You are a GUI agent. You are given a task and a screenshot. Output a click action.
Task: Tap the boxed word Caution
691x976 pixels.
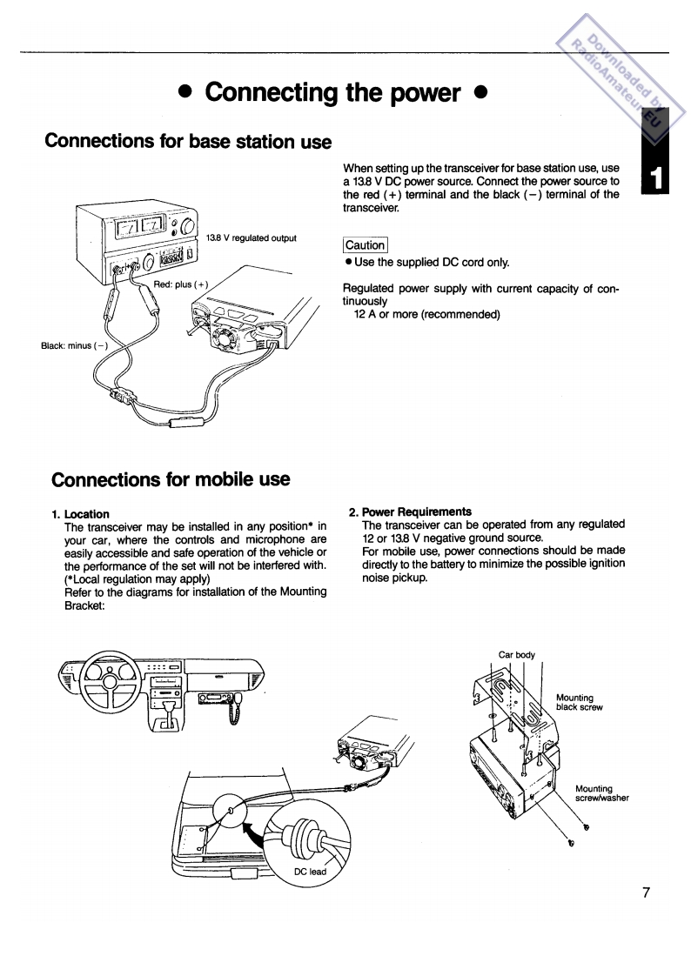(x=366, y=245)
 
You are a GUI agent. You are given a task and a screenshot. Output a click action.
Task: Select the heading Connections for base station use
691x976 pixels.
(x=188, y=141)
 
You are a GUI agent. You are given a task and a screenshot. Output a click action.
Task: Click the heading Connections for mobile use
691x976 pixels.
(x=171, y=479)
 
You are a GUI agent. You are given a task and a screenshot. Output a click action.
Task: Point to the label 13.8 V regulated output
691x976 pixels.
(x=252, y=238)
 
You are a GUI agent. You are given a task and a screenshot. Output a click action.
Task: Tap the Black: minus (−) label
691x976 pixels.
(x=74, y=345)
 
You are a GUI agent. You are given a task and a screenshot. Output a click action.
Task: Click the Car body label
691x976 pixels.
(x=516, y=654)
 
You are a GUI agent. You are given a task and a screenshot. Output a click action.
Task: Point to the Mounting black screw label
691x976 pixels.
(x=579, y=702)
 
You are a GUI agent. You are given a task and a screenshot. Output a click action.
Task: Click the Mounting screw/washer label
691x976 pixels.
(x=601, y=793)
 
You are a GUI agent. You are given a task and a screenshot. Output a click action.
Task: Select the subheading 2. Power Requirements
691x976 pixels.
(x=410, y=511)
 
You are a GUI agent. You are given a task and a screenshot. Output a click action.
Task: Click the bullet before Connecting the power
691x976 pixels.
(x=184, y=93)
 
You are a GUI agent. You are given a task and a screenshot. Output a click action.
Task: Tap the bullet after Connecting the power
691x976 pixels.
(x=480, y=93)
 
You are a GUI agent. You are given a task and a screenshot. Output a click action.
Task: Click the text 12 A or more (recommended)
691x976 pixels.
(x=426, y=314)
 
